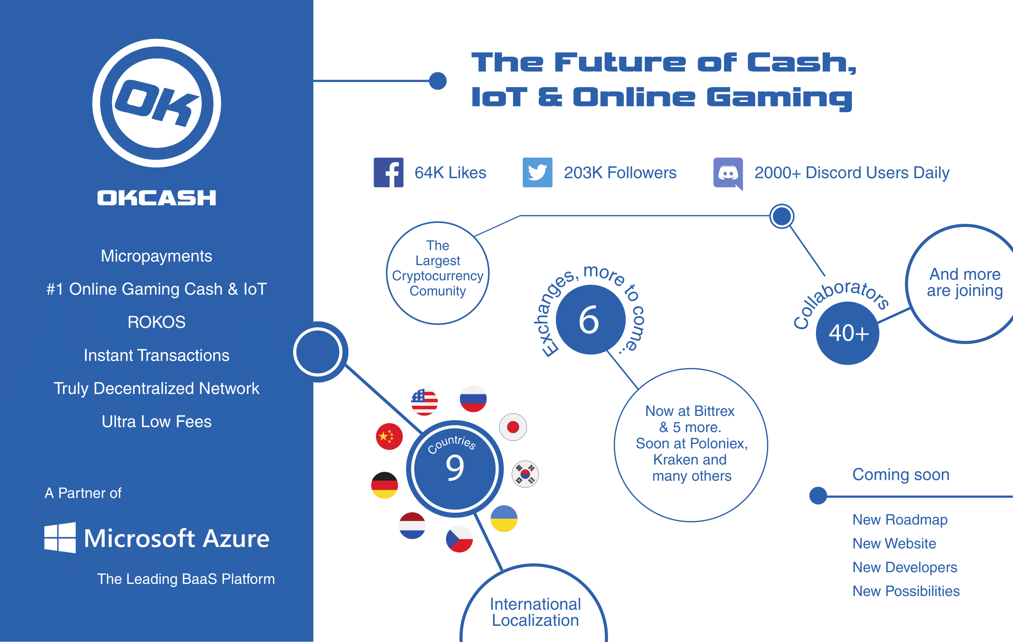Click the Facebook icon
tap(388, 173)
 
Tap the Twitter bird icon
tap(537, 173)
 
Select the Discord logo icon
tap(728, 173)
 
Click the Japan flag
tap(513, 427)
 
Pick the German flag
tap(384, 485)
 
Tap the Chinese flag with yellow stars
tap(389, 436)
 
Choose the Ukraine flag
tap(504, 518)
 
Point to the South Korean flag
tap(525, 474)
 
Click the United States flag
tap(424, 402)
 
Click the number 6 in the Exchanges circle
tap(589, 320)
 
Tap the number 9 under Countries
tap(455, 468)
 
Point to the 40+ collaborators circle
tap(848, 333)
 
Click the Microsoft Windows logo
tap(60, 538)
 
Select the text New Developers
tap(905, 567)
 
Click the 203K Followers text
tap(620, 173)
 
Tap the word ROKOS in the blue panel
tap(157, 322)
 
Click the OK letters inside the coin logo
tap(157, 103)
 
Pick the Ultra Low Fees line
tap(157, 421)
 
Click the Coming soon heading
tap(901, 474)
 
